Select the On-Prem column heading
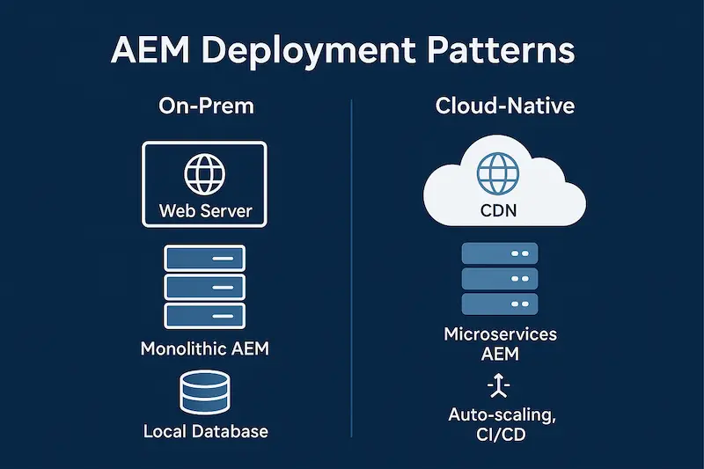[x=206, y=107]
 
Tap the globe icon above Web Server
[x=204, y=174]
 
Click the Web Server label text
[x=204, y=211]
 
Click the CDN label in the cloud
[x=498, y=211]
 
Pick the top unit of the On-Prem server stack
[x=204, y=258]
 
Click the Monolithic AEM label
[x=204, y=349]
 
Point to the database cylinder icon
[x=204, y=392]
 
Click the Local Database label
[x=204, y=432]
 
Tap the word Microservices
[x=500, y=335]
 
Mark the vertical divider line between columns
[x=351, y=264]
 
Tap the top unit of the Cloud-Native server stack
[x=498, y=253]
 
